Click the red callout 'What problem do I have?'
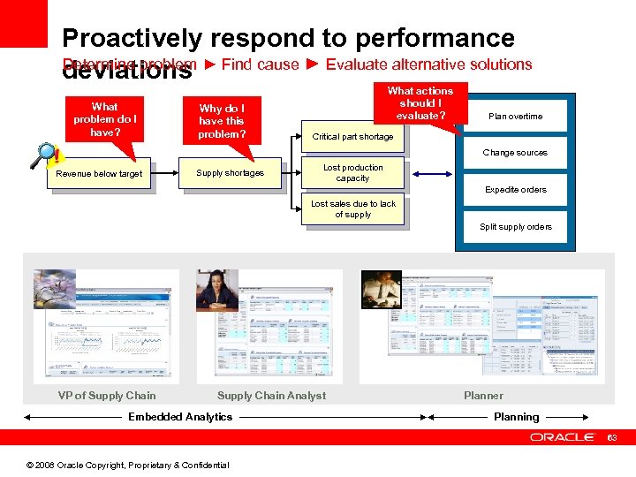tap(104, 119)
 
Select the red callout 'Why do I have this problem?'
tap(223, 121)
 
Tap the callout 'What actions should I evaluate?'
tap(420, 104)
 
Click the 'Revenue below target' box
tap(99, 174)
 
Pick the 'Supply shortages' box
tap(230, 173)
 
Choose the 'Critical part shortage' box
tap(352, 137)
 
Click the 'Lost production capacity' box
tap(352, 173)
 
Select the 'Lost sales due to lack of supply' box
tap(353, 209)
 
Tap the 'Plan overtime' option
tap(515, 117)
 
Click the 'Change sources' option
tap(515, 153)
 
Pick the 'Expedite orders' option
tap(515, 190)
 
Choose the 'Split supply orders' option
tap(515, 227)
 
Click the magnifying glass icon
tap(45, 155)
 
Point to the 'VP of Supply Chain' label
tap(107, 396)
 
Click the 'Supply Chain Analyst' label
tap(271, 396)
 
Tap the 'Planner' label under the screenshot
tap(483, 396)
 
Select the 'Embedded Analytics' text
tap(180, 417)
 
